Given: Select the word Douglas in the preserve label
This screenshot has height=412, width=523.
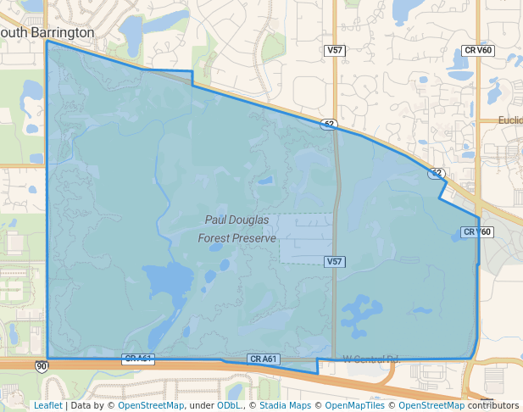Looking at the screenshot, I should (250, 220).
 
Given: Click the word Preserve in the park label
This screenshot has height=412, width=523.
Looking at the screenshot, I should (256, 238).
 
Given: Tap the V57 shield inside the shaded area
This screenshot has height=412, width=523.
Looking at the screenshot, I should (335, 262).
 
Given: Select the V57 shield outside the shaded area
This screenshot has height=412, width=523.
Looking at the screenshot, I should (335, 51).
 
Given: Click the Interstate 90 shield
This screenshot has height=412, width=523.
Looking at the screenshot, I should (42, 366).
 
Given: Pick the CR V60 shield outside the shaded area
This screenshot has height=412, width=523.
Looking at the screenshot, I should (479, 51).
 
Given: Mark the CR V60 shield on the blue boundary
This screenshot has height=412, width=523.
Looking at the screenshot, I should (476, 231).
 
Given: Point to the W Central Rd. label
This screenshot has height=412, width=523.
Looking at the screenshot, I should (370, 359).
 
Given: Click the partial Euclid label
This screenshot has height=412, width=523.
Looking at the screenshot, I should (510, 120).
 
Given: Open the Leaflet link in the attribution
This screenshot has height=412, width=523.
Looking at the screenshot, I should (48, 405).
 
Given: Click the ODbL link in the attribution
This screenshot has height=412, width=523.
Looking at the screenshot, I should (229, 405).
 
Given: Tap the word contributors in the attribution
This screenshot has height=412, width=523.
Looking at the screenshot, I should (493, 405).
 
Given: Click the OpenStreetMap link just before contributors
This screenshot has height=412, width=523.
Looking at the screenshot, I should (431, 405).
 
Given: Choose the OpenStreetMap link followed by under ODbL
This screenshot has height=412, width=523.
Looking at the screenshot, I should (151, 405).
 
